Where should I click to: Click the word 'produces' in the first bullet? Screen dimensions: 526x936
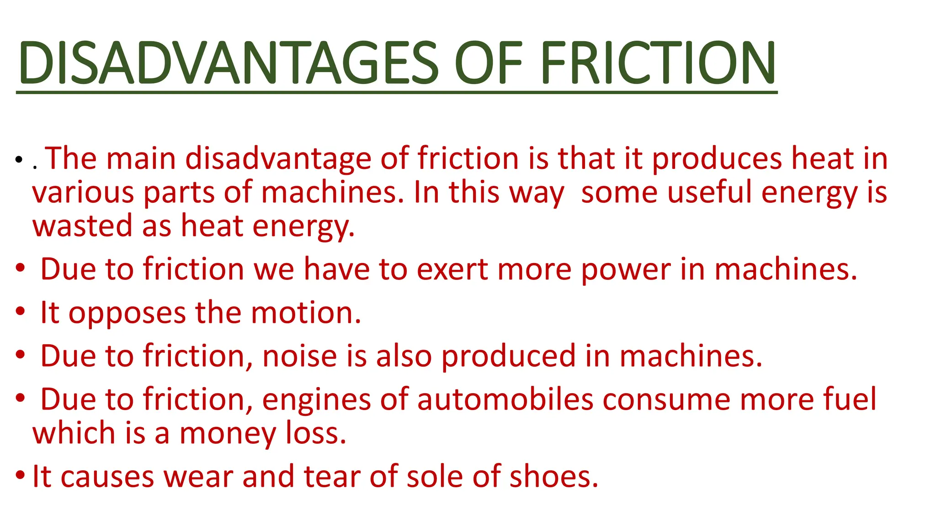click(x=717, y=159)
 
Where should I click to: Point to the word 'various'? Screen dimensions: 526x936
click(x=83, y=193)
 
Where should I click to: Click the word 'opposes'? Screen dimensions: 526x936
click(x=127, y=314)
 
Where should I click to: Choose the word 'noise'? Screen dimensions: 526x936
click(x=300, y=357)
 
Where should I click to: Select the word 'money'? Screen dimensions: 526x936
click(x=228, y=434)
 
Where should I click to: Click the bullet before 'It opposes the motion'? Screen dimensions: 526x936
click(x=20, y=312)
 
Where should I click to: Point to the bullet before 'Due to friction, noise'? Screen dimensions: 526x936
click(x=20, y=355)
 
